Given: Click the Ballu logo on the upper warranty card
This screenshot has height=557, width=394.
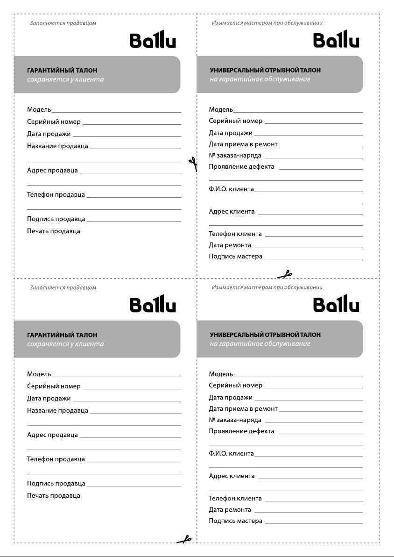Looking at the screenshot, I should pyautogui.click(x=153, y=40).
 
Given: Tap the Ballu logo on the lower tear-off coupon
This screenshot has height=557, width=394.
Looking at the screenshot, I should pyautogui.click(x=336, y=304).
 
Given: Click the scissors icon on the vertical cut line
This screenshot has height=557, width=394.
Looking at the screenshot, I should pyautogui.click(x=193, y=164).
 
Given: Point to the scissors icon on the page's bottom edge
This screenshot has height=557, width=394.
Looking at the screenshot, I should pyautogui.click(x=184, y=540).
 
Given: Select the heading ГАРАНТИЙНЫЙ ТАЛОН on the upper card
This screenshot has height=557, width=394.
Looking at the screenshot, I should pyautogui.click(x=62, y=71).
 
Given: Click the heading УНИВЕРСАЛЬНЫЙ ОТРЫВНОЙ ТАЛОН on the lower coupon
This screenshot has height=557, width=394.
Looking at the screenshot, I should pyautogui.click(x=265, y=335).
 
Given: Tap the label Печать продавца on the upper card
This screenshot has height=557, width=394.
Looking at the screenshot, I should pyautogui.click(x=53, y=231).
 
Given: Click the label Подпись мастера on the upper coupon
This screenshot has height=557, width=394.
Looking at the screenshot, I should pyautogui.click(x=235, y=257).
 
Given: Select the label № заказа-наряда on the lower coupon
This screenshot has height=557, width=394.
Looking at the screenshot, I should pyautogui.click(x=235, y=420).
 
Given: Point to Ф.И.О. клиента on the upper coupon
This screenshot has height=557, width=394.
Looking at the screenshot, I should pyautogui.click(x=231, y=189).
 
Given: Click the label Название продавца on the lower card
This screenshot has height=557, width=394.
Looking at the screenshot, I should pyautogui.click(x=57, y=410).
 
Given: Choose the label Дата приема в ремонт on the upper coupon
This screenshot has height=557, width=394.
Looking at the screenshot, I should pyautogui.click(x=243, y=144).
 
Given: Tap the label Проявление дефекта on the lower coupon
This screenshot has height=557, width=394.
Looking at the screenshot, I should pyautogui.click(x=241, y=431).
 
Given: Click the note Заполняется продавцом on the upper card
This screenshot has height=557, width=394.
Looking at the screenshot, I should pyautogui.click(x=63, y=23).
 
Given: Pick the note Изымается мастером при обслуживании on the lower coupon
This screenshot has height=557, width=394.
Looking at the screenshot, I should pyautogui.click(x=267, y=287).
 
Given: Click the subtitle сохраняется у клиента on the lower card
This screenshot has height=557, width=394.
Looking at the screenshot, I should pyautogui.click(x=65, y=344).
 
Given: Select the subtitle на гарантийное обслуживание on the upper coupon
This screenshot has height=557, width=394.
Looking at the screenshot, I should pyautogui.click(x=260, y=79).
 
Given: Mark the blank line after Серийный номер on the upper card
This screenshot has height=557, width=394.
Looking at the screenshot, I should pyautogui.click(x=132, y=124).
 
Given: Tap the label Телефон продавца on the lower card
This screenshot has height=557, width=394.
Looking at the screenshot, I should pyautogui.click(x=56, y=459).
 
